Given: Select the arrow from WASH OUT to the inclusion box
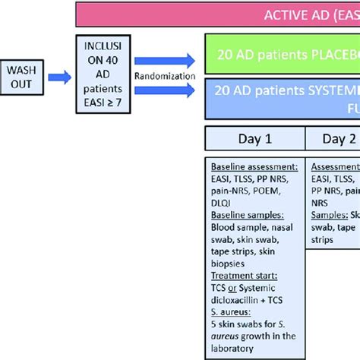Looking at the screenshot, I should (58, 75).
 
